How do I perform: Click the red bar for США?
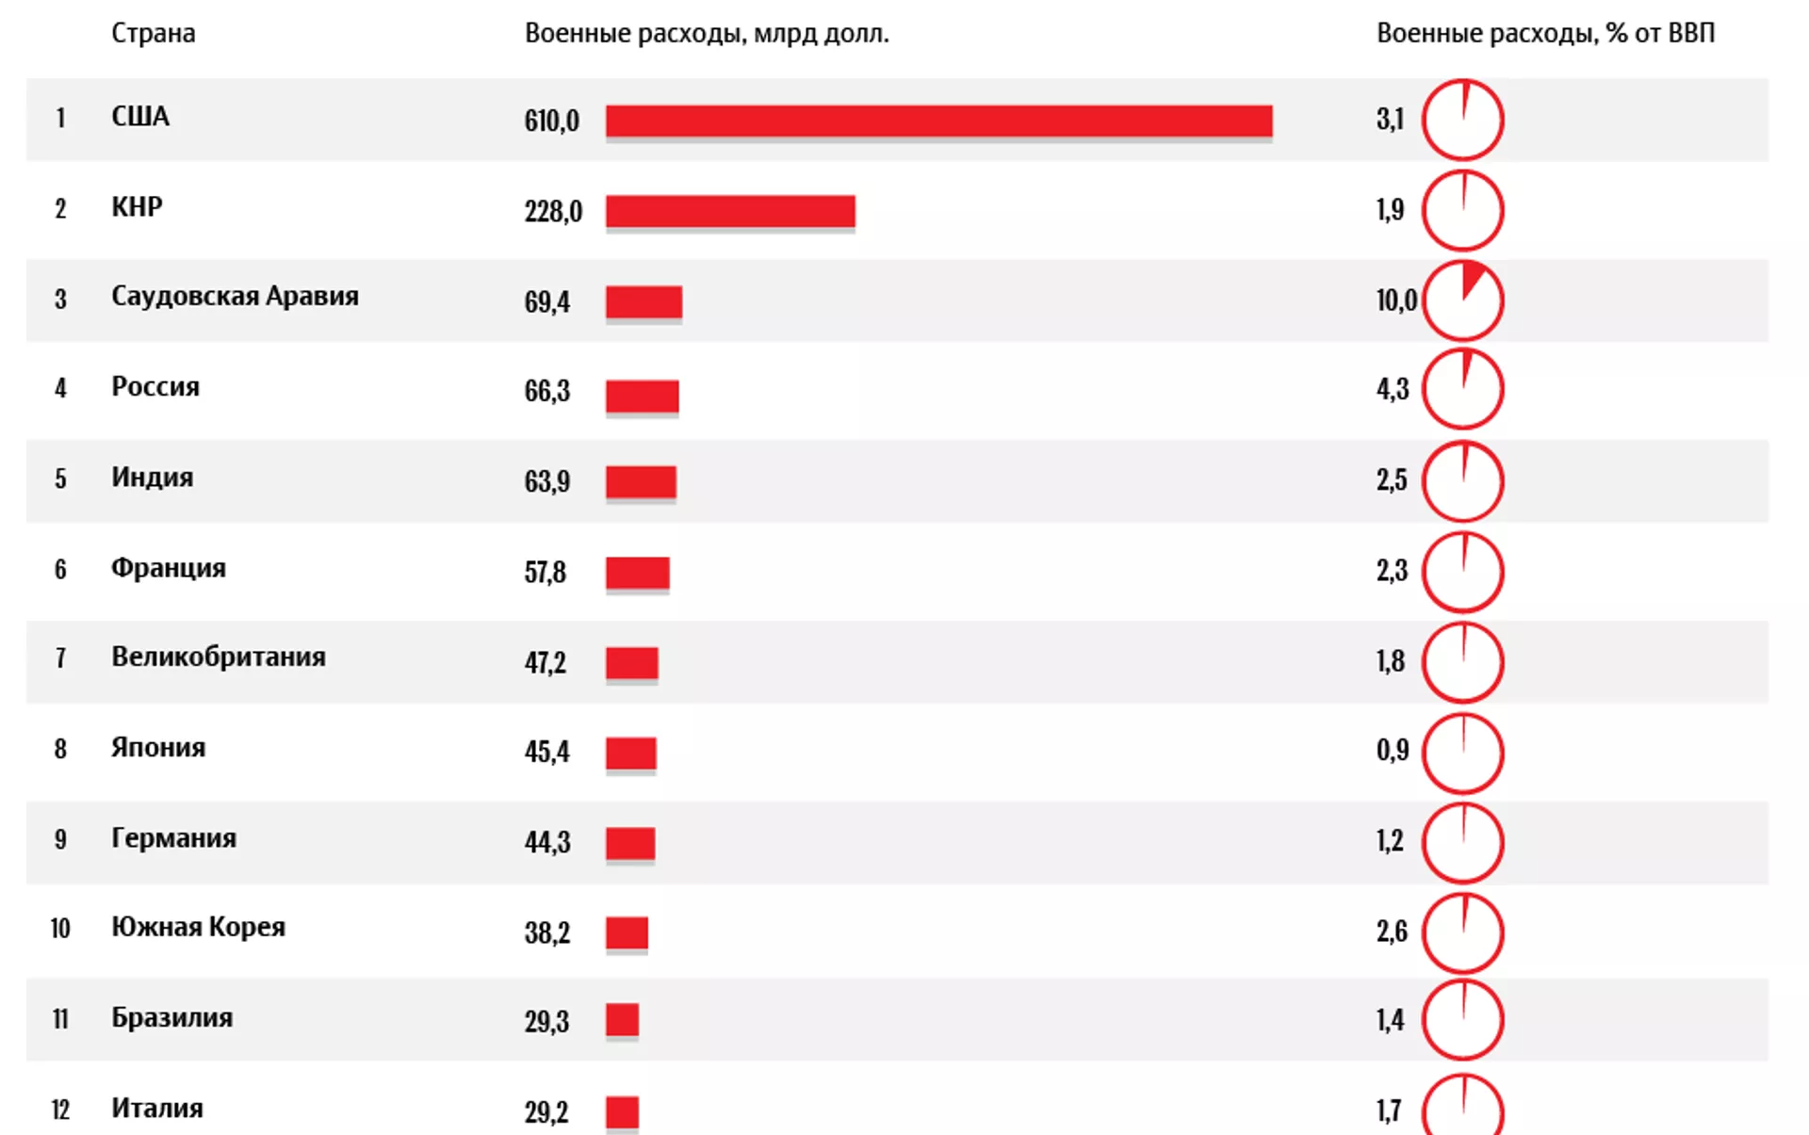pos(938,121)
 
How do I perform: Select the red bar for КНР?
pos(730,211)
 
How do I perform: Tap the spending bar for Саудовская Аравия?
pos(644,302)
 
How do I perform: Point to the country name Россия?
pos(155,387)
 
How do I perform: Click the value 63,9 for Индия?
pos(547,481)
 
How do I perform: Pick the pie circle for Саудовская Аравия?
pos(1462,300)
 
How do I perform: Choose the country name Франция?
pos(169,568)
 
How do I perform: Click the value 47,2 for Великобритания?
pos(546,662)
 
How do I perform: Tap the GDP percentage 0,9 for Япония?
pos(1393,750)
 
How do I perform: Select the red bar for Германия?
pos(630,843)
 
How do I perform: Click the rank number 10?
pos(60,929)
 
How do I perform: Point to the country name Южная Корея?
pos(198,927)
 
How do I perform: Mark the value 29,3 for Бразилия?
pos(546,1021)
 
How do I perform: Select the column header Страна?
pos(154,33)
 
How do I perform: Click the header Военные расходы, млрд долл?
pos(707,33)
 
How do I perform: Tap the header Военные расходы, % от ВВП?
pos(1545,33)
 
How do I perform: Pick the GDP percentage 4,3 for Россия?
pos(1393,389)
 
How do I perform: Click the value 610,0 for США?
pos(552,121)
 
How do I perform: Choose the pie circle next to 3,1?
pos(1462,120)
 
